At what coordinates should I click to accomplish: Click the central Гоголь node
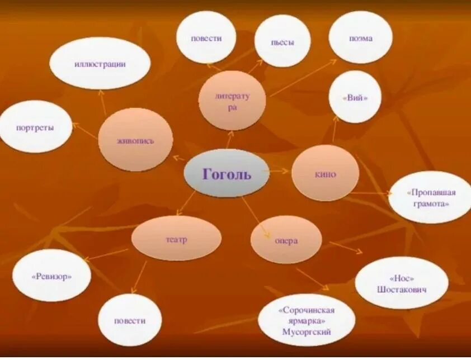[227, 173]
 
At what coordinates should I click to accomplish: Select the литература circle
[232, 101]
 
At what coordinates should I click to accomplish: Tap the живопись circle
[135, 140]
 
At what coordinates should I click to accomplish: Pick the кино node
[325, 173]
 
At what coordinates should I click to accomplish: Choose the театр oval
[176, 238]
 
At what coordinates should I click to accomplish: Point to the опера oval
[286, 240]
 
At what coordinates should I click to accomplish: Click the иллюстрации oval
[100, 63]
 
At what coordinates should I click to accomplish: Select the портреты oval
[35, 127]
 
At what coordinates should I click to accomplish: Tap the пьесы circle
[282, 41]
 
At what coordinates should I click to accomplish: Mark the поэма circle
[360, 37]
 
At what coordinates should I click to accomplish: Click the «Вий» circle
[355, 97]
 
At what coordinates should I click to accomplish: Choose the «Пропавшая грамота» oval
[430, 198]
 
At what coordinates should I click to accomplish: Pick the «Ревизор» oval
[51, 275]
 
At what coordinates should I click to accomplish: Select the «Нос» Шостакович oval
[401, 283]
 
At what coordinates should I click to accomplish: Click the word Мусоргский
[307, 332]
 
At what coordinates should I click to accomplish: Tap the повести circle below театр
[130, 320]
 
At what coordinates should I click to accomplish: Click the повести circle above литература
[206, 37]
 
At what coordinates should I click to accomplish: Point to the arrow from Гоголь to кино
[279, 170]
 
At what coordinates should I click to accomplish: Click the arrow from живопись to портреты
[85, 131]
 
